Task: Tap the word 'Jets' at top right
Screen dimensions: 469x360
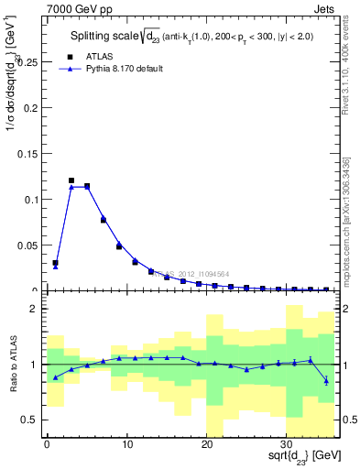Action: tap(327, 10)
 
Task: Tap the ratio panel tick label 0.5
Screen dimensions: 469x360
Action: tap(30, 420)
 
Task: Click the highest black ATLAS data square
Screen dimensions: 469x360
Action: tap(71, 180)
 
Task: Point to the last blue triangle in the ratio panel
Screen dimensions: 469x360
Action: tap(327, 380)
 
